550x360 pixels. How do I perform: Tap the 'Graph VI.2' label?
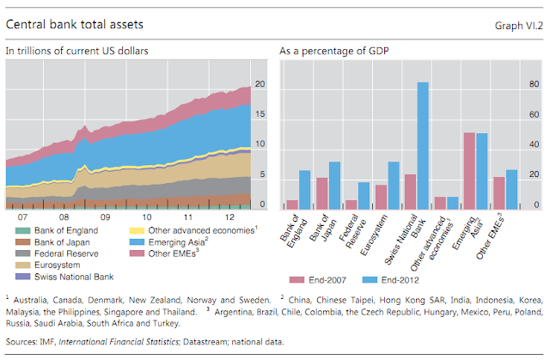click(x=518, y=26)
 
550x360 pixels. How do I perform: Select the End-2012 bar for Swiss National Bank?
click(x=423, y=145)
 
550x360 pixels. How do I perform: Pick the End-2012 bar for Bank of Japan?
click(x=334, y=186)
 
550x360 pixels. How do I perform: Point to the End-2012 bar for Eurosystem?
click(x=393, y=186)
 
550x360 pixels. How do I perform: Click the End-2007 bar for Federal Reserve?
click(x=351, y=204)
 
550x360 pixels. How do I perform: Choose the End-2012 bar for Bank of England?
click(x=304, y=190)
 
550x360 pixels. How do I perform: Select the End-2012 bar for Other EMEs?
click(x=512, y=189)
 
